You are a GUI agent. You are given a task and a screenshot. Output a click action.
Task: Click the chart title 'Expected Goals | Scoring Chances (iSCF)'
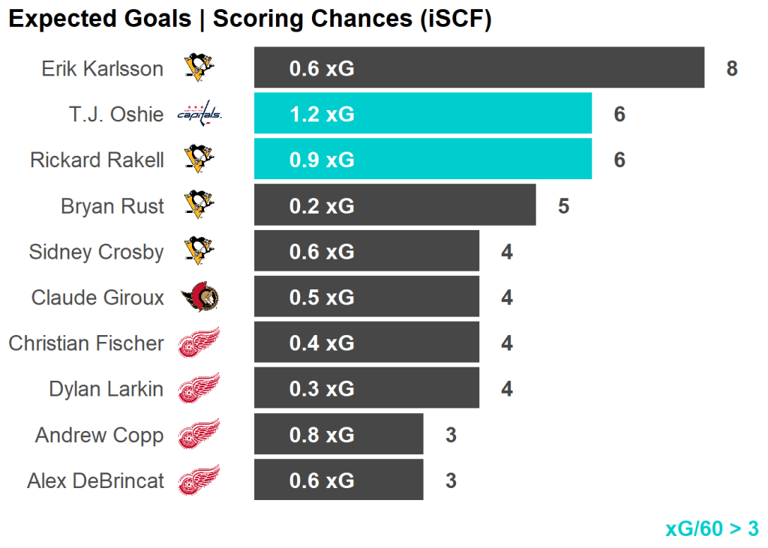click(x=250, y=19)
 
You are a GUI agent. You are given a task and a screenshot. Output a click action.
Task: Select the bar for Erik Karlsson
click(x=478, y=68)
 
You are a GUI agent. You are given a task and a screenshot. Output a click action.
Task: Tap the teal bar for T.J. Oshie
click(x=422, y=114)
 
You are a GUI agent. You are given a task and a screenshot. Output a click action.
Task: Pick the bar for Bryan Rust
click(x=394, y=205)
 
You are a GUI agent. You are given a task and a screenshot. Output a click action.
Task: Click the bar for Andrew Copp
click(x=338, y=435)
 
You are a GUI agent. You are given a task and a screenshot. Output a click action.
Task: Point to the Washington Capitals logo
click(x=199, y=114)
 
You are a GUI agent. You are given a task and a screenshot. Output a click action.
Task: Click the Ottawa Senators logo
click(x=199, y=298)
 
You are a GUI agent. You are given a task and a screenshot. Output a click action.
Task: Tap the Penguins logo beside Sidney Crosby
click(x=199, y=251)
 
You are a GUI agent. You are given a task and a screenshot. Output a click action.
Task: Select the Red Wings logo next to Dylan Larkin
click(x=199, y=389)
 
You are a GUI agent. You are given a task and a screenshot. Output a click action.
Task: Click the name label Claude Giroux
click(x=97, y=298)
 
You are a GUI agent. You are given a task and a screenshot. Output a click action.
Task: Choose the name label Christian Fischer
click(x=86, y=343)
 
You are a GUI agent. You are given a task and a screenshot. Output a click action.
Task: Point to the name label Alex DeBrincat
click(x=95, y=481)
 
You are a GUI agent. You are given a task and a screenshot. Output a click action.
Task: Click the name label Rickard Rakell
click(x=97, y=160)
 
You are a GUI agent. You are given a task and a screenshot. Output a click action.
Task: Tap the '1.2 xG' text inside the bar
click(x=322, y=114)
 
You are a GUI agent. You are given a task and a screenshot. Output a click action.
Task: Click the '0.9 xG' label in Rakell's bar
click(x=322, y=160)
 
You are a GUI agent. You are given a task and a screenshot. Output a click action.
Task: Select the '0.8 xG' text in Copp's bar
click(x=322, y=435)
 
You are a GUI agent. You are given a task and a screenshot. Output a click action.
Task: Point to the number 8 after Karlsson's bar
click(x=732, y=68)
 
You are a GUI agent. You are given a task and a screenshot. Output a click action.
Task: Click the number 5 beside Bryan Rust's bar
click(x=564, y=205)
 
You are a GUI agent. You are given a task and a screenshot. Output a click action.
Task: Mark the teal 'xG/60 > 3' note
click(x=712, y=529)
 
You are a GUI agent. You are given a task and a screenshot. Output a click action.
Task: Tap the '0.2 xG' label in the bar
click(x=322, y=205)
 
